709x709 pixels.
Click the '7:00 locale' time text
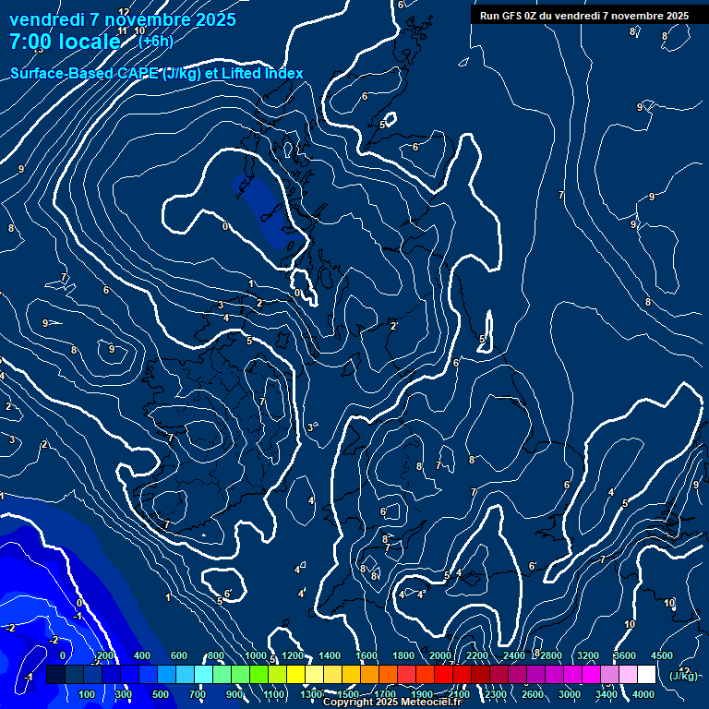click(x=65, y=42)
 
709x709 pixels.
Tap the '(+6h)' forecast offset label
click(x=155, y=41)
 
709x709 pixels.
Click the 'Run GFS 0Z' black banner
click(x=583, y=16)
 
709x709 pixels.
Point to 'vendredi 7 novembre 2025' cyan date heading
click(x=122, y=19)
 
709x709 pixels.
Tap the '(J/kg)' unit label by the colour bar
click(x=683, y=676)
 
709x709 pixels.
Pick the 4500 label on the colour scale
click(x=662, y=655)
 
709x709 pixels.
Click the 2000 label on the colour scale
click(x=440, y=655)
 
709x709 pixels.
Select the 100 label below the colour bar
click(x=87, y=694)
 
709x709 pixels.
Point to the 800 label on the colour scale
click(x=216, y=655)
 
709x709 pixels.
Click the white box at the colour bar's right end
click(x=646, y=675)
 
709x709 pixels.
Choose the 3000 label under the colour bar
click(x=570, y=694)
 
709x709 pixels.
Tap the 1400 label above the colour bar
click(x=330, y=655)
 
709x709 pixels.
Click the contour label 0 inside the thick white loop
click(x=225, y=226)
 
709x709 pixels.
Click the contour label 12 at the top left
click(x=124, y=12)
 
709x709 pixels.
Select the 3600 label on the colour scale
click(x=625, y=655)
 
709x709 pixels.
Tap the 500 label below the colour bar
click(x=161, y=694)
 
